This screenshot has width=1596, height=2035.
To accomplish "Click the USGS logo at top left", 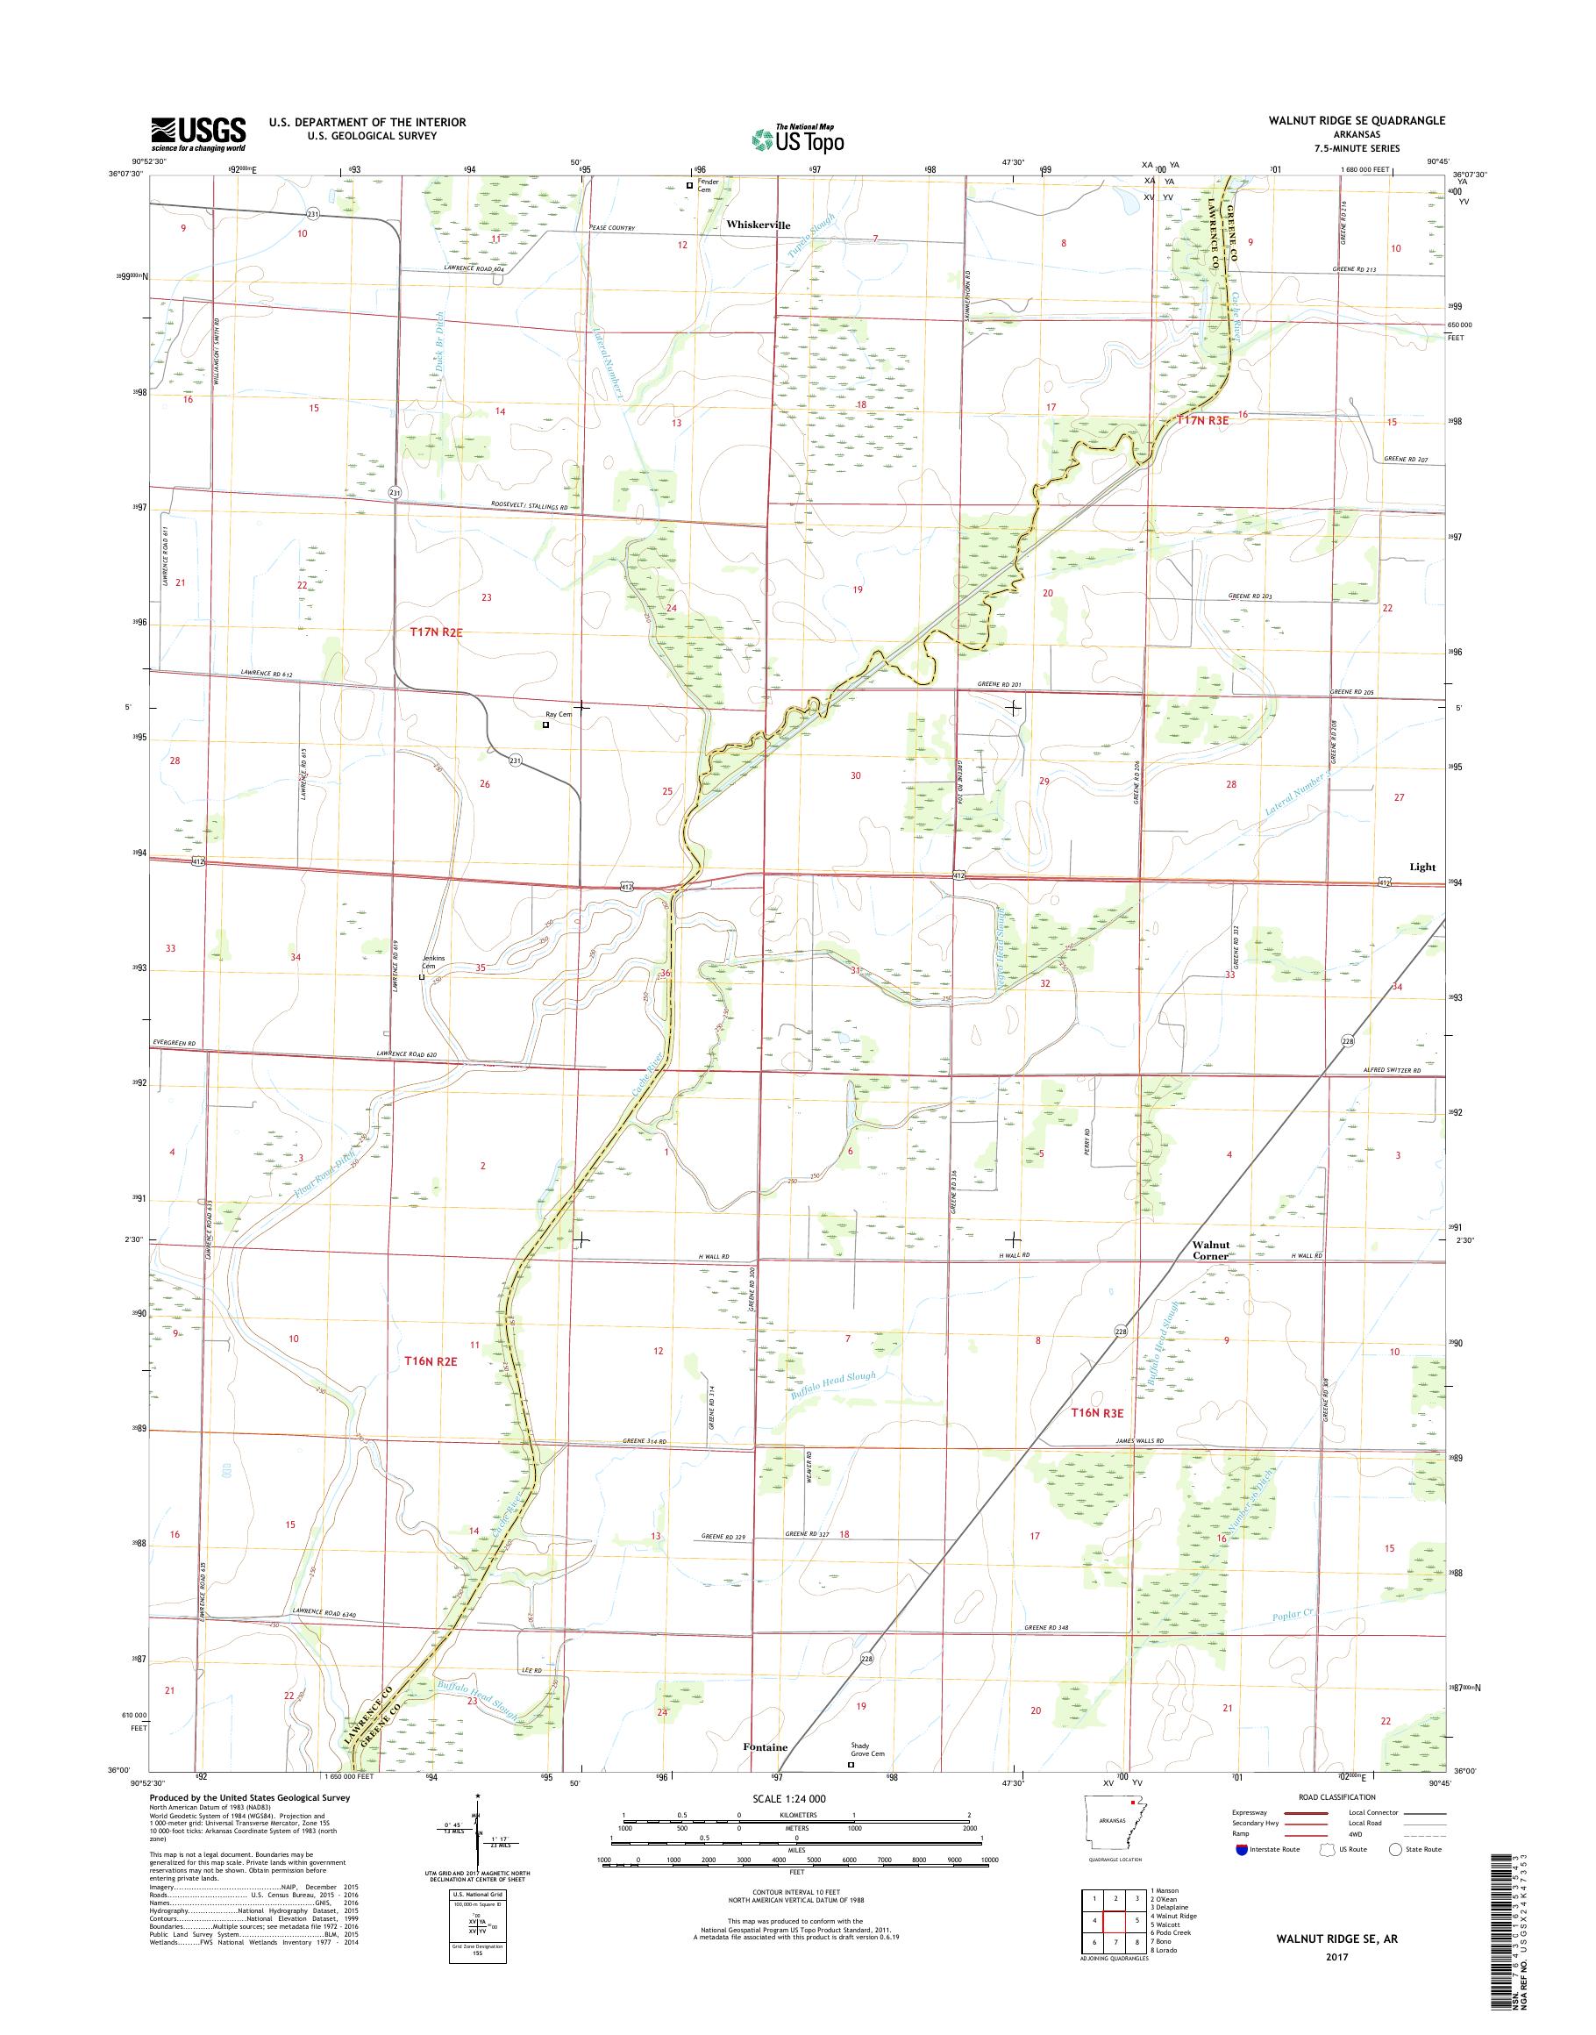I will coord(198,133).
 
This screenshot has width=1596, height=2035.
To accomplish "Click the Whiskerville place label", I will coord(758,225).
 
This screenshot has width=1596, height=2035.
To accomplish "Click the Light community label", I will coord(1421,867).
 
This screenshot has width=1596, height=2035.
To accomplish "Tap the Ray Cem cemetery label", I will coord(558,714).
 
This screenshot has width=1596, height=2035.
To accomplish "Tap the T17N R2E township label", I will coord(437,632).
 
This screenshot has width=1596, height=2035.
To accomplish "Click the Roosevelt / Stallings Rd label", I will coord(529,507).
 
